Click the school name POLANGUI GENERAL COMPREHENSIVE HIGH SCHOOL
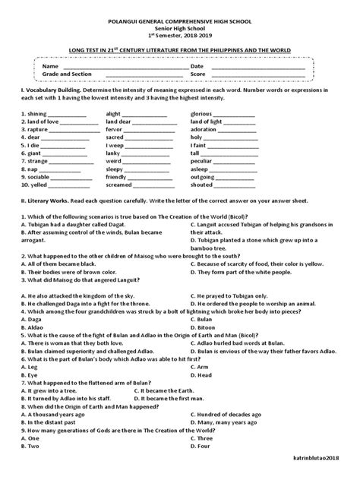click(x=179, y=14)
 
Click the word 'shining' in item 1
click(x=26, y=112)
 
